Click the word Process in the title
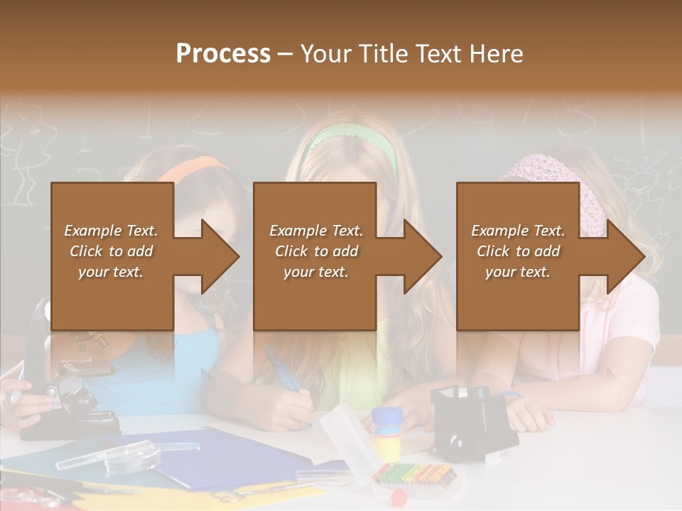pos(223,54)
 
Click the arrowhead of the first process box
pos(220,256)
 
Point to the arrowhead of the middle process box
pos(423,256)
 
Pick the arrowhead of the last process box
pos(626,256)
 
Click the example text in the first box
pos(111,251)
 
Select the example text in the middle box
pos(316,251)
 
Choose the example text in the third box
pos(518,251)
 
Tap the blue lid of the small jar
pos(386,416)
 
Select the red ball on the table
pos(399,495)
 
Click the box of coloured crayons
pos(414,474)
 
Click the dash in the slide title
pos(286,55)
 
